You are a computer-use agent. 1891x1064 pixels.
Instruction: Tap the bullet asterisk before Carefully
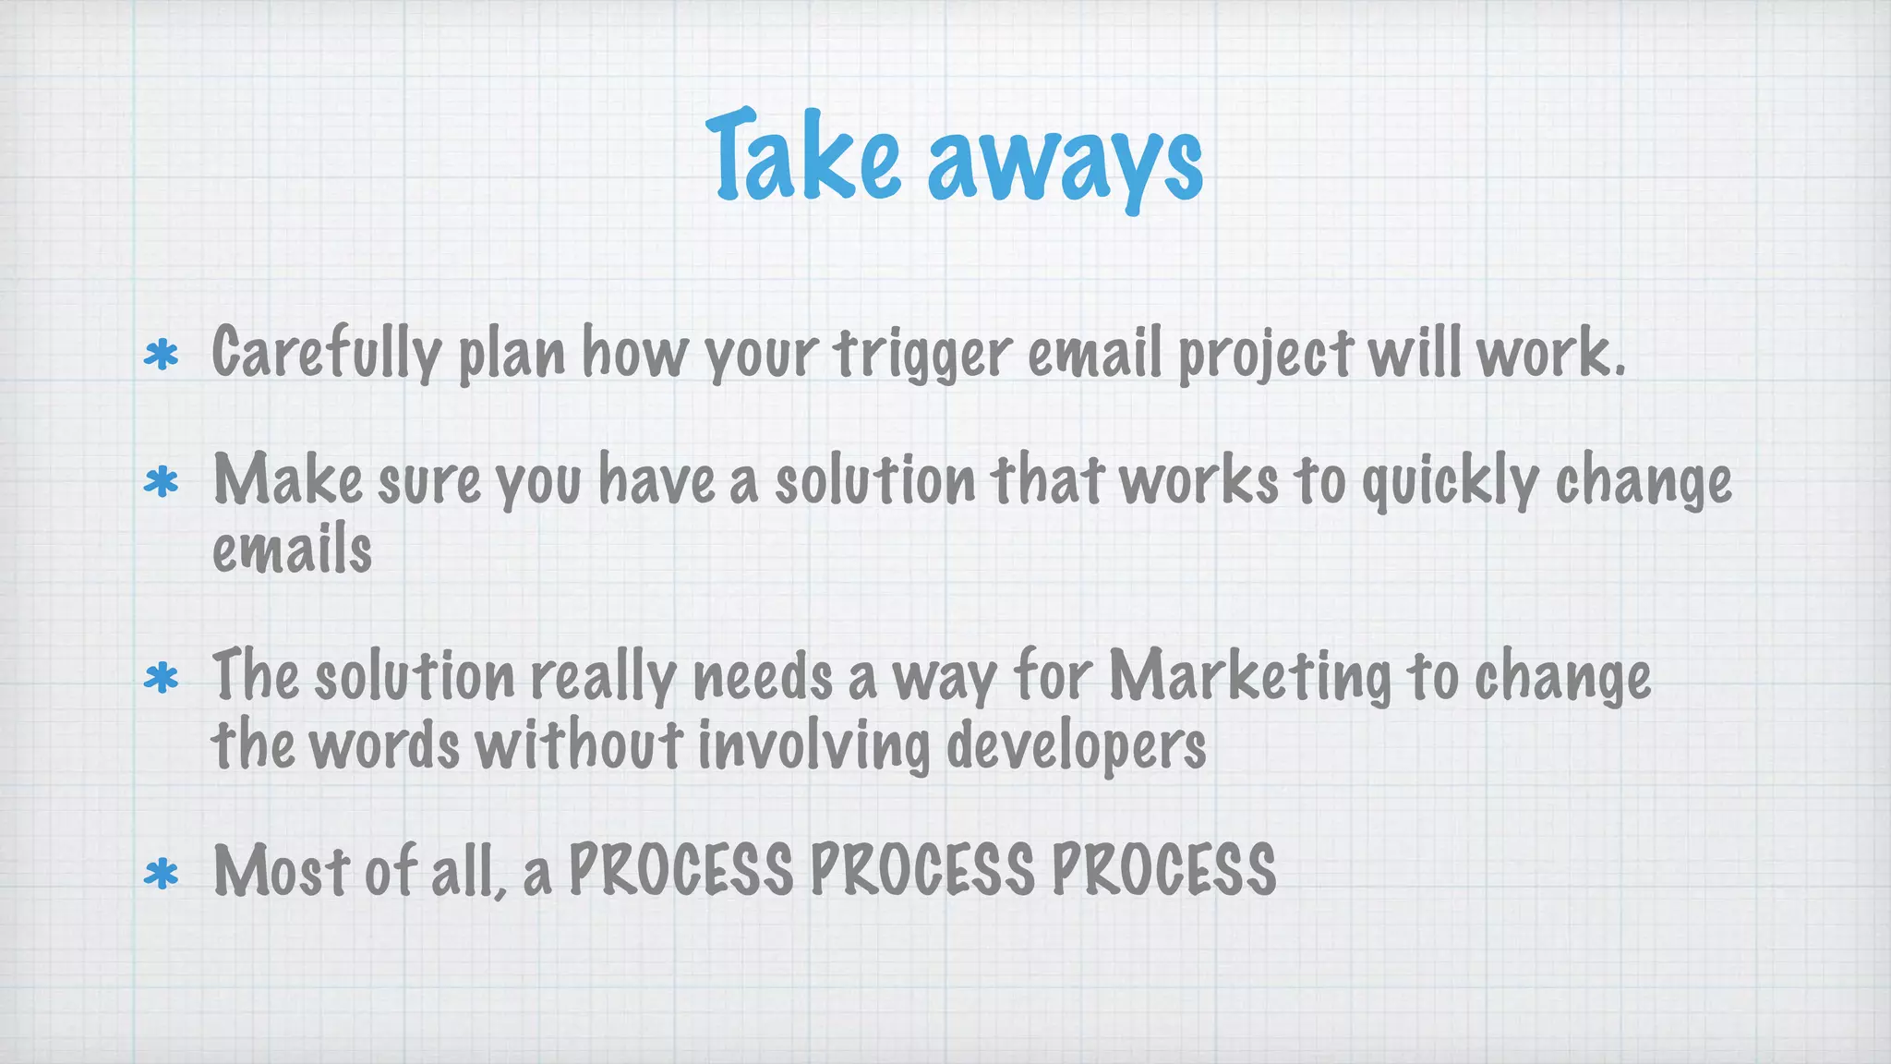pyautogui.click(x=162, y=356)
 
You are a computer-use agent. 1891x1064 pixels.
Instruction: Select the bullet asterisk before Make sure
pyautogui.click(x=162, y=482)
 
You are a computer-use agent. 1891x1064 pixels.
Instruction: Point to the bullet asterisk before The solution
pyautogui.click(x=162, y=679)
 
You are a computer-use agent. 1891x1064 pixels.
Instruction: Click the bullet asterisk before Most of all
pyautogui.click(x=162, y=874)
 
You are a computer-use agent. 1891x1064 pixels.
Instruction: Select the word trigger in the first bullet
pyautogui.click(x=923, y=355)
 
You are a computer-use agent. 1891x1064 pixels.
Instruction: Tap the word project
pyautogui.click(x=1265, y=355)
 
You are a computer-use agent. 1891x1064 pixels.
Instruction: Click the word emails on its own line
pyautogui.click(x=292, y=549)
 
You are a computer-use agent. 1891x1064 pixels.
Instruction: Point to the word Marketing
pyautogui.click(x=1249, y=677)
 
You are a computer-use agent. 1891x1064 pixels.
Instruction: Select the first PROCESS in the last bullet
pyautogui.click(x=681, y=870)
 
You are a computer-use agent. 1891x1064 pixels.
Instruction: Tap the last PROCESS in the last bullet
pyautogui.click(x=1163, y=870)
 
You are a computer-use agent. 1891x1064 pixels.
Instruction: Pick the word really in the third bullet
pyautogui.click(x=603, y=677)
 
